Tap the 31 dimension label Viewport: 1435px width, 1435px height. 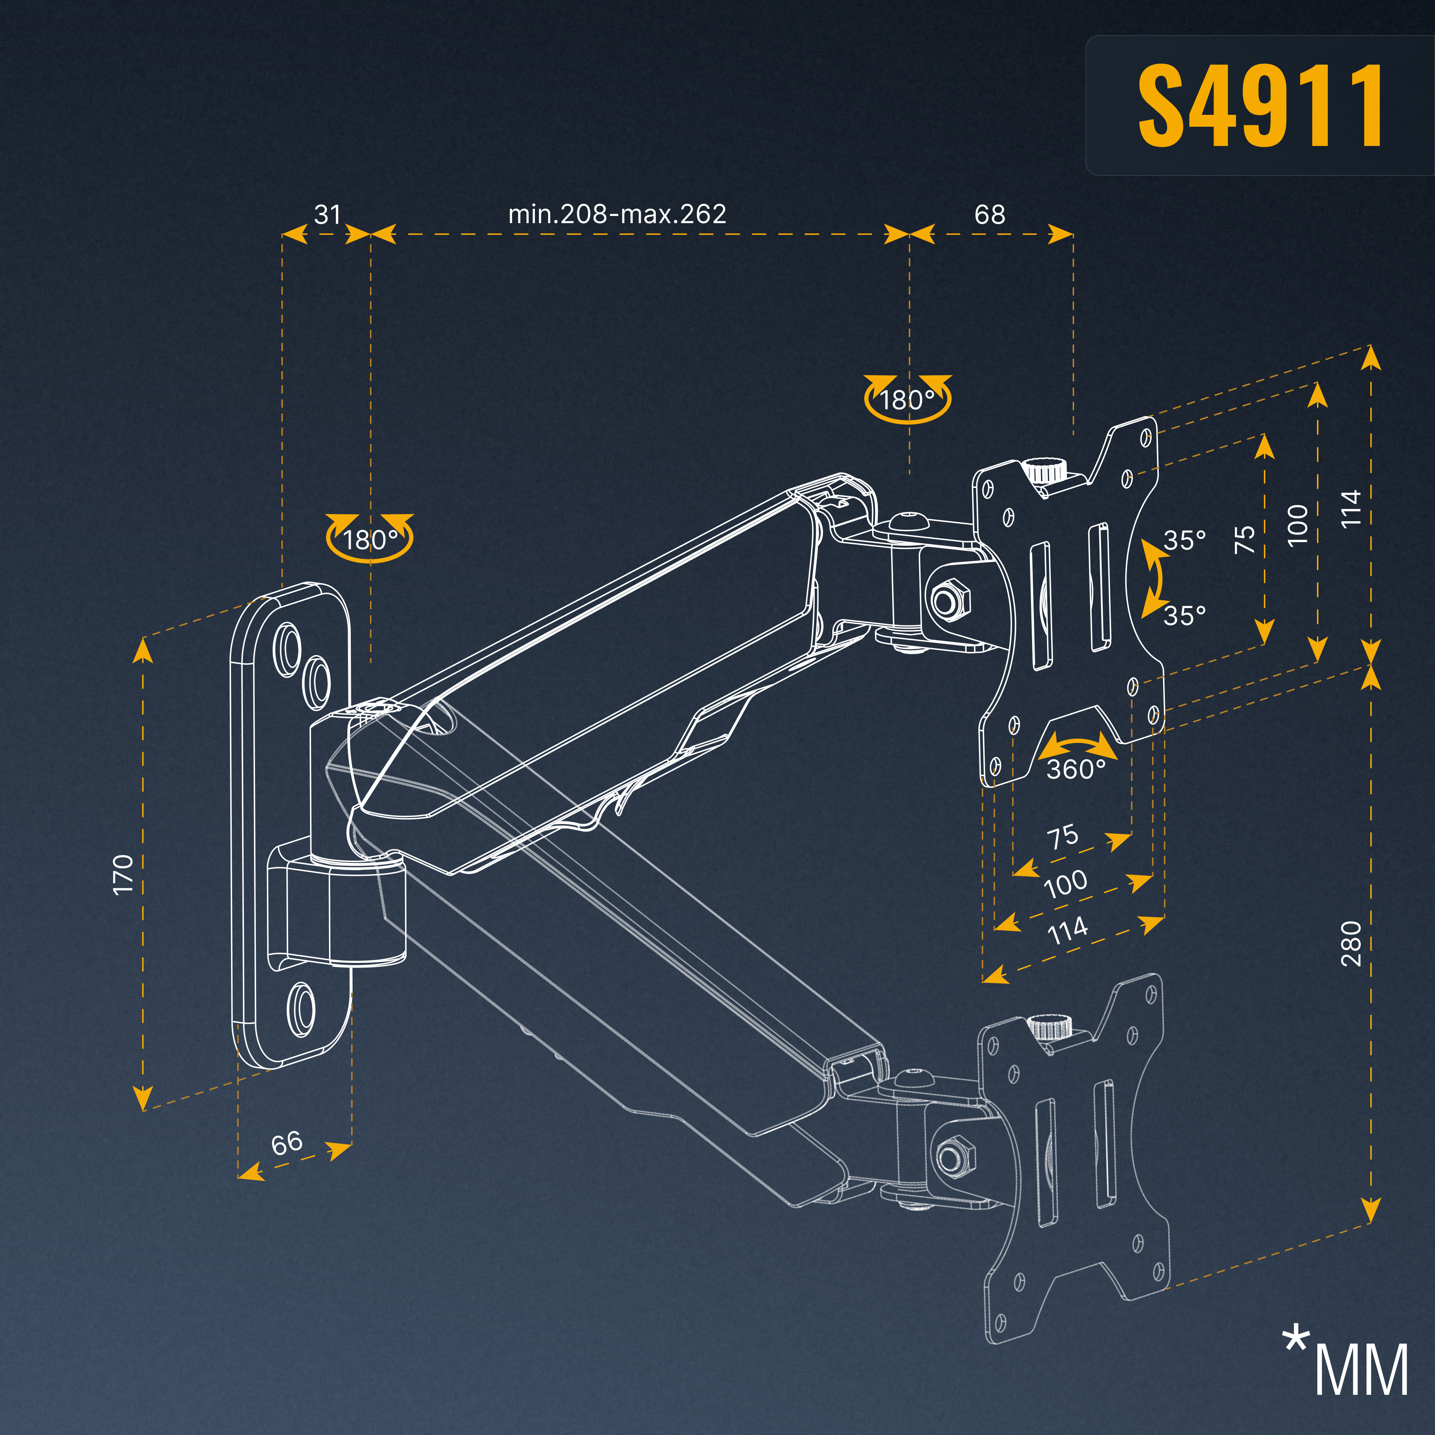328,215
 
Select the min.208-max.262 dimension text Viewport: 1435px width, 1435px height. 617,214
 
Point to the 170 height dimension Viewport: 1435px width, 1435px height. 123,874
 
